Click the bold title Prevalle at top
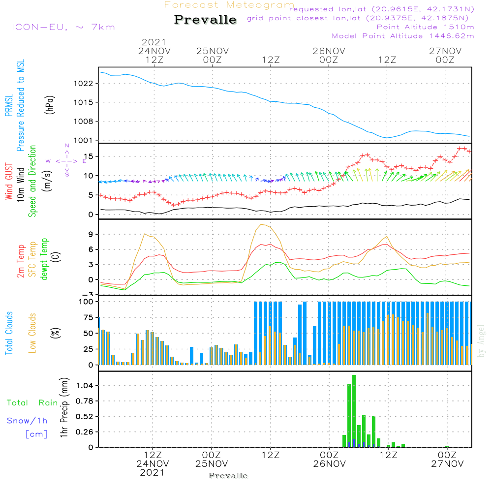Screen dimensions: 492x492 (205, 20)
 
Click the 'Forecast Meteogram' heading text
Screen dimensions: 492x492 (229, 5)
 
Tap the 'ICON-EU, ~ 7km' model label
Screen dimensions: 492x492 (63, 27)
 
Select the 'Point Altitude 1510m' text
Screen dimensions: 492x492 (425, 27)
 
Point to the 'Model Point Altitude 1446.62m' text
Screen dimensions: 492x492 (402, 36)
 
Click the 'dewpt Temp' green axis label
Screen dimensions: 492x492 (44, 260)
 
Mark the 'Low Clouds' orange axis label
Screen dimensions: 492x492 (33, 332)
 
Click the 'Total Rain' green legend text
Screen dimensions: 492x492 (32, 403)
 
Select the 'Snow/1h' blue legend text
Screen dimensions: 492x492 (27, 421)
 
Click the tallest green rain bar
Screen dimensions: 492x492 (354, 411)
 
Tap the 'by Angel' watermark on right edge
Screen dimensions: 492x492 (482, 347)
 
